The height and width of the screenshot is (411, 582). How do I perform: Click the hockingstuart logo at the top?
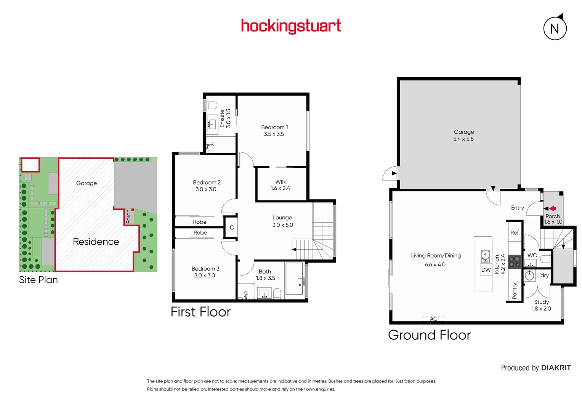pyautogui.click(x=291, y=26)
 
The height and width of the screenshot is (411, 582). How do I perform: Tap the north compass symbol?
pyautogui.click(x=555, y=28)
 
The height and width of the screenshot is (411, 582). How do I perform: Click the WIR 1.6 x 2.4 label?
pyautogui.click(x=280, y=185)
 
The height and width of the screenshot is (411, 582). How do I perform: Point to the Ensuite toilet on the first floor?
pyautogui.click(x=212, y=105)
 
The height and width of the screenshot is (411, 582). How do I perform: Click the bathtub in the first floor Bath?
pyautogui.click(x=294, y=279)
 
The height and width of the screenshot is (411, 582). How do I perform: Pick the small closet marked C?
pyautogui.click(x=231, y=228)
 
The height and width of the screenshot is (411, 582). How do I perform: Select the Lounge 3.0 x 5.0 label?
pyautogui.click(x=282, y=221)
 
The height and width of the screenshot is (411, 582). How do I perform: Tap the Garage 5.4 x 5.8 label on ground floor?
pyautogui.click(x=463, y=135)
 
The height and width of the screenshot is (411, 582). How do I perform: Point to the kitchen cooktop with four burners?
pyautogui.click(x=515, y=262)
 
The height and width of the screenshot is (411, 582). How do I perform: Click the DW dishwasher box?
pyautogui.click(x=486, y=270)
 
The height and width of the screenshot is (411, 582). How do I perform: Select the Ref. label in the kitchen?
pyautogui.click(x=515, y=233)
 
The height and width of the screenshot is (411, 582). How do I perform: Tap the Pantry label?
pyautogui.click(x=515, y=291)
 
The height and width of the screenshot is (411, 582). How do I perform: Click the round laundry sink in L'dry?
pyautogui.click(x=530, y=276)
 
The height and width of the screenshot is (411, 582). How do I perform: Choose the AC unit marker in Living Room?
pyautogui.click(x=433, y=319)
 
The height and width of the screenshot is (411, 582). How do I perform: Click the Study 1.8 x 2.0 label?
pyautogui.click(x=541, y=305)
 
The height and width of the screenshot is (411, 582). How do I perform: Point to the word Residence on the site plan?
pyautogui.click(x=96, y=242)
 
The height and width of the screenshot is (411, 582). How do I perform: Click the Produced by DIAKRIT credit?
pyautogui.click(x=536, y=368)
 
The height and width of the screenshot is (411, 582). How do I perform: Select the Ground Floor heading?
pyautogui.click(x=429, y=335)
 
